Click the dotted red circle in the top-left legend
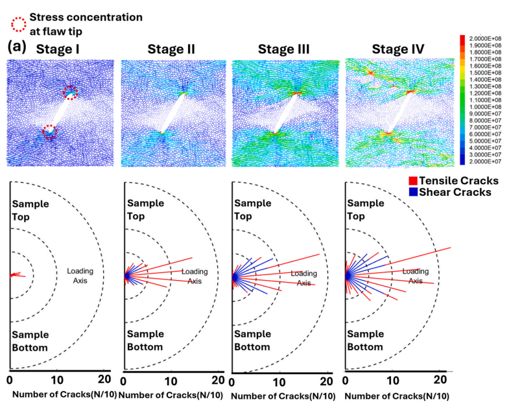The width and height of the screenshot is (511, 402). [x=18, y=24]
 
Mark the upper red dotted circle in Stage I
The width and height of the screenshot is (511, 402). [x=70, y=92]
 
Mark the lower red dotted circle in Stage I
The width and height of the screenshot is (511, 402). [x=49, y=132]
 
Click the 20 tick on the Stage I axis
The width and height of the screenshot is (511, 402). [x=104, y=379]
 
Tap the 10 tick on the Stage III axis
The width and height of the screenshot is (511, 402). [x=279, y=380]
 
